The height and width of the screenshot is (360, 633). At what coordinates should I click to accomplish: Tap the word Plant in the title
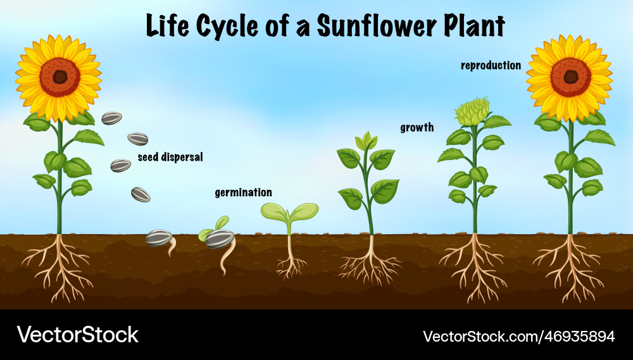(470, 26)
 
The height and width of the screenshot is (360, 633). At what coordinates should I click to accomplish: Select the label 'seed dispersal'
(170, 158)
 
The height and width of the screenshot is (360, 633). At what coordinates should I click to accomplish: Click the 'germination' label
(243, 192)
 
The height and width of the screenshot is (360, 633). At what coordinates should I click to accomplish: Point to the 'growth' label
(417, 128)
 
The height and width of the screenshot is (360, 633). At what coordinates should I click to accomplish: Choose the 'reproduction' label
(491, 65)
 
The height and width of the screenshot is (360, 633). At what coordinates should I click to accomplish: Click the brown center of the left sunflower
(60, 77)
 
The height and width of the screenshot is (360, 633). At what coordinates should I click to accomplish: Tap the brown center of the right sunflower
(570, 77)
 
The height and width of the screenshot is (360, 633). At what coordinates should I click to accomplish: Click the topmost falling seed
(112, 118)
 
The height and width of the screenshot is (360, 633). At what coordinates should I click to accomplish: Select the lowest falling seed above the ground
(141, 195)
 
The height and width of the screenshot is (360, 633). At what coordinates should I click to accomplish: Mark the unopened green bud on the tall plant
(472, 113)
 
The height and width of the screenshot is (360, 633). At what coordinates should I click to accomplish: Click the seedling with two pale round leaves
(289, 213)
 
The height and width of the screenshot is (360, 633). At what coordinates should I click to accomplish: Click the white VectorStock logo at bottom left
(77, 335)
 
